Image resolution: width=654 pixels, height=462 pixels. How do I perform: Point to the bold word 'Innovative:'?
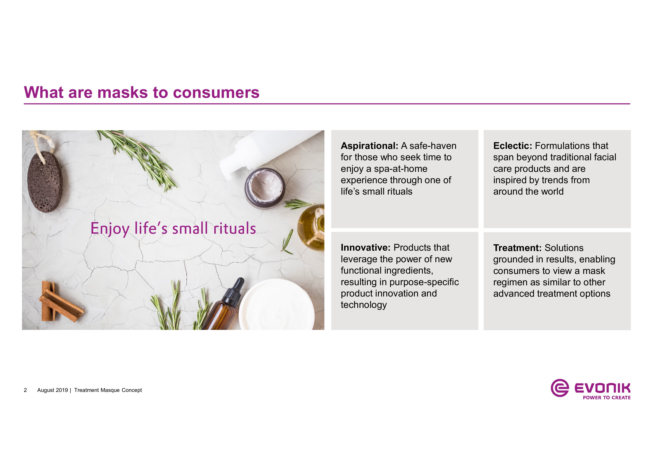(365, 248)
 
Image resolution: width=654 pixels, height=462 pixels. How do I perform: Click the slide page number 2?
(25, 390)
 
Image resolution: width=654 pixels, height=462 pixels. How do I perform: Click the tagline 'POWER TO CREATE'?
(607, 398)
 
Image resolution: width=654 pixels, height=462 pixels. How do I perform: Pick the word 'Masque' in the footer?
(110, 390)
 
